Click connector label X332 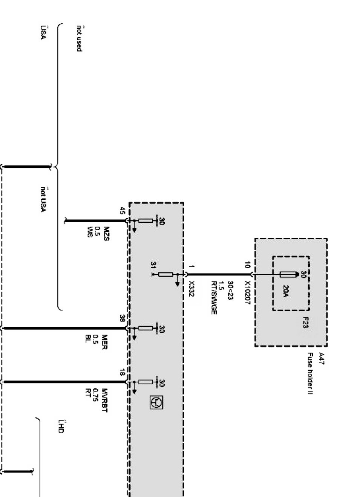[x=191, y=289]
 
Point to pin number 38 [x=122, y=318]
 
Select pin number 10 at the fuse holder [x=247, y=265]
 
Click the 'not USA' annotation [x=43, y=199]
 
